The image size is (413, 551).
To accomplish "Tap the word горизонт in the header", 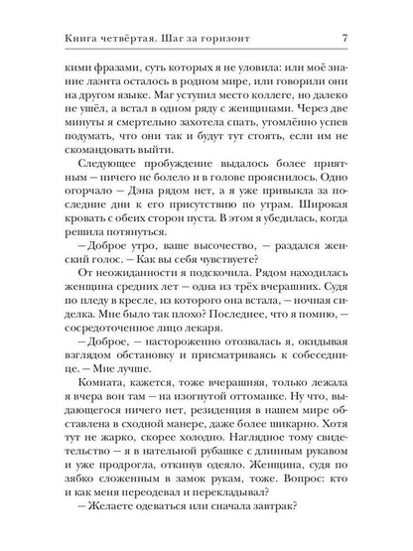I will click(x=234, y=38).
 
